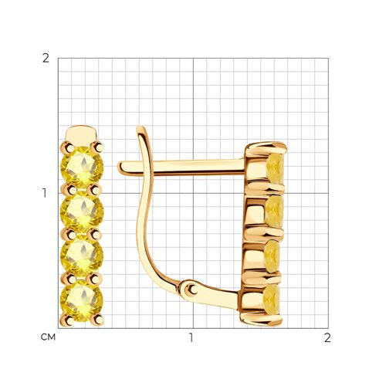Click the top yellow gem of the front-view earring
[x=82, y=168]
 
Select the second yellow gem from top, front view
[x=82, y=212]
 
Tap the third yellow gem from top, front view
[x=82, y=256]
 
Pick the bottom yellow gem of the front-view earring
[x=82, y=300]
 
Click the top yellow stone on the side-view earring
[x=276, y=168]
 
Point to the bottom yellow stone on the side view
[x=272, y=300]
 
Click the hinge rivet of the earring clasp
[x=191, y=290]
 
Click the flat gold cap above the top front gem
[x=81, y=134]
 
